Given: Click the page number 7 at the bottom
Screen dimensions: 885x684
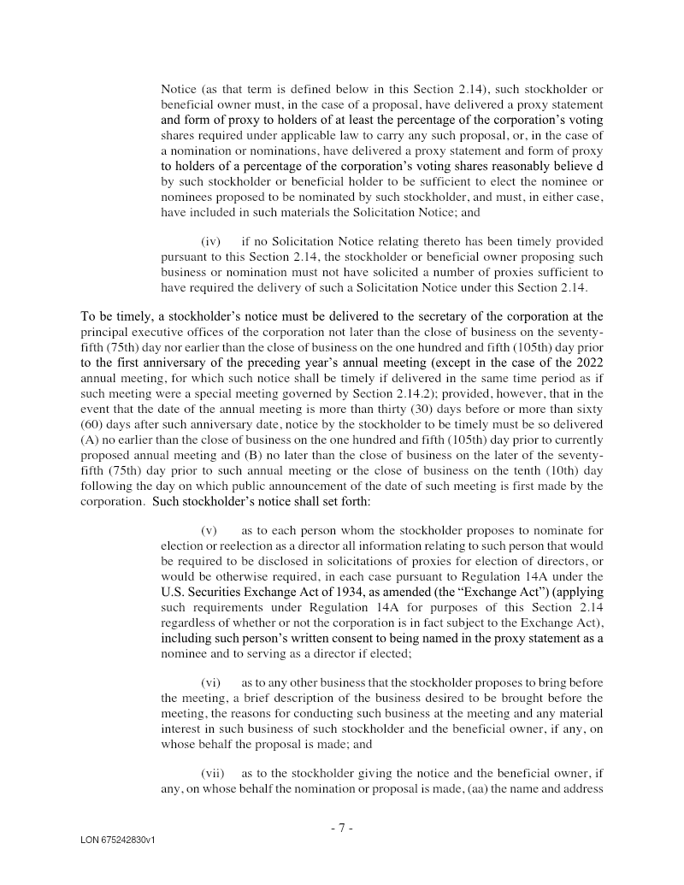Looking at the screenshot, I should (x=341, y=828).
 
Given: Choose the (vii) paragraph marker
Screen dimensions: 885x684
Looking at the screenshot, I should (x=212, y=773).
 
